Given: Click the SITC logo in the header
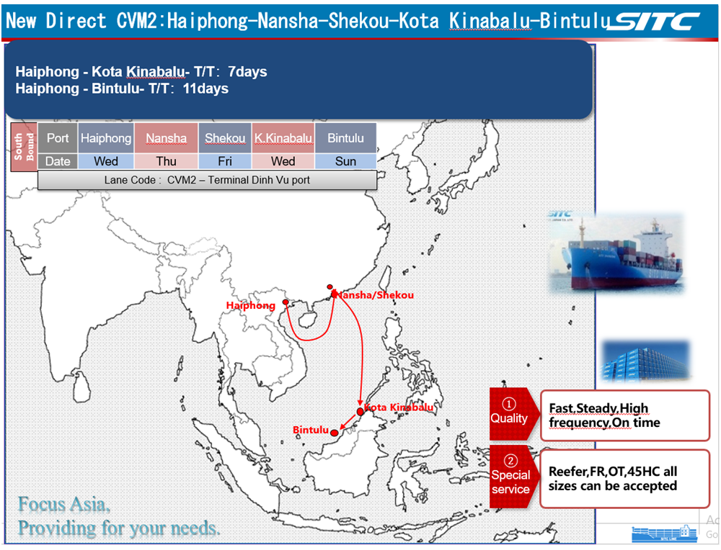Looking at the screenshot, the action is [x=655, y=21].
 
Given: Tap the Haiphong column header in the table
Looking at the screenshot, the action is [x=106, y=137].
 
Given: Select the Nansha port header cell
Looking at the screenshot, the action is [x=166, y=137].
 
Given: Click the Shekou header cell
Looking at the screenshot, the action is [x=225, y=137].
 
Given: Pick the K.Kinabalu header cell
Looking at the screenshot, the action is [x=283, y=137].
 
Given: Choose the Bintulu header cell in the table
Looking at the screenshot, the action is [x=345, y=137].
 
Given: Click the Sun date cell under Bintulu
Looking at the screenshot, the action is [x=345, y=161].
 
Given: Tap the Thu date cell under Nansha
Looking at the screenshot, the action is [x=166, y=161].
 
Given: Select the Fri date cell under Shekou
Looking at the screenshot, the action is [x=225, y=161].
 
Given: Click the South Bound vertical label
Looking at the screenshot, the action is [x=24, y=147].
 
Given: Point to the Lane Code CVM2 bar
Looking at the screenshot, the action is [x=207, y=180].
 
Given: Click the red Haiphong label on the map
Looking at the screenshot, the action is [x=251, y=305].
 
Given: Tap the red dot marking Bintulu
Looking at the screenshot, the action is [x=335, y=433].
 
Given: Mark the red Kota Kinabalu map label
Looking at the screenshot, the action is [x=398, y=407].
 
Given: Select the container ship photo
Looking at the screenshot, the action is [x=616, y=253].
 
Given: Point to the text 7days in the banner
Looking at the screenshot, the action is [x=247, y=71].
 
